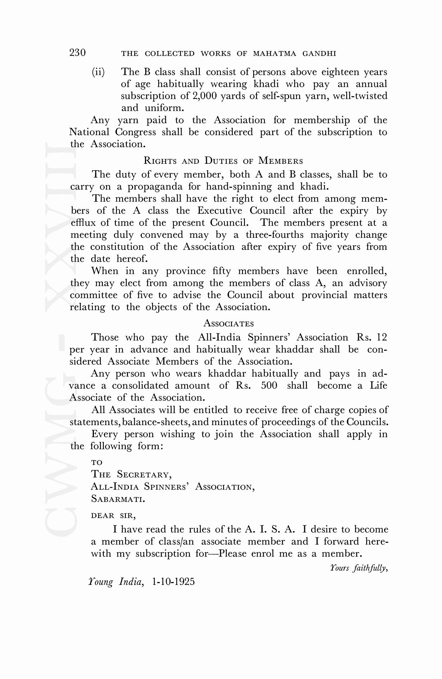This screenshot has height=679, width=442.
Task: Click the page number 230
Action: tap(78, 53)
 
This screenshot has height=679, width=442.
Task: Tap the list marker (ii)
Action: tap(98, 72)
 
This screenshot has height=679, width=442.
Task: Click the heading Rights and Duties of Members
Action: tap(223, 161)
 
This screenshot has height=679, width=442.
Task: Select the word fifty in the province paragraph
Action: tap(222, 271)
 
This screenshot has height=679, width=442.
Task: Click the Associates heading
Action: tap(228, 323)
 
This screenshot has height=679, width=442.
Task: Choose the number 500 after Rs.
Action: tap(269, 385)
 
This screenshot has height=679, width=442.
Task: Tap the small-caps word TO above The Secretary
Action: tap(97, 463)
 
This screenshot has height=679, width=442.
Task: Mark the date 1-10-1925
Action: tap(173, 582)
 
